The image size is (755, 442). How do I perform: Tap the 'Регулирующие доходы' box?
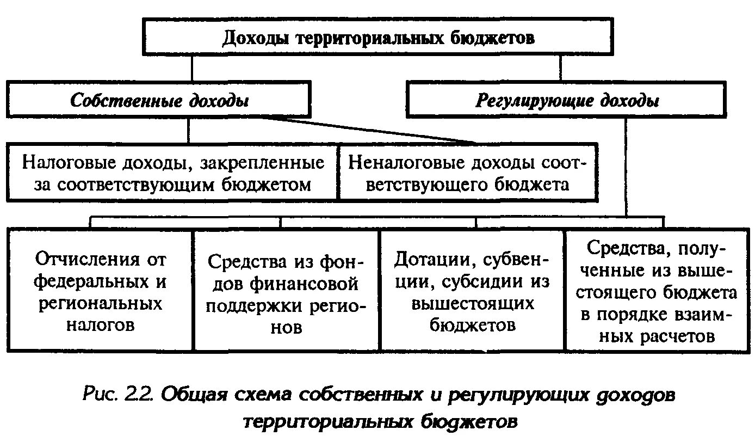coord(566,100)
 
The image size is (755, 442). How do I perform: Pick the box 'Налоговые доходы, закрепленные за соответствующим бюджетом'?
coord(173,173)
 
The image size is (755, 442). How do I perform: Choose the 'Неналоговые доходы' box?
coord(467,173)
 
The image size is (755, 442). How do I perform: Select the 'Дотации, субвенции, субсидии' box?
coord(472,292)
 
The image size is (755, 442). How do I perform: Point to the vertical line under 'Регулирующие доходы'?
coord(626,163)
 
